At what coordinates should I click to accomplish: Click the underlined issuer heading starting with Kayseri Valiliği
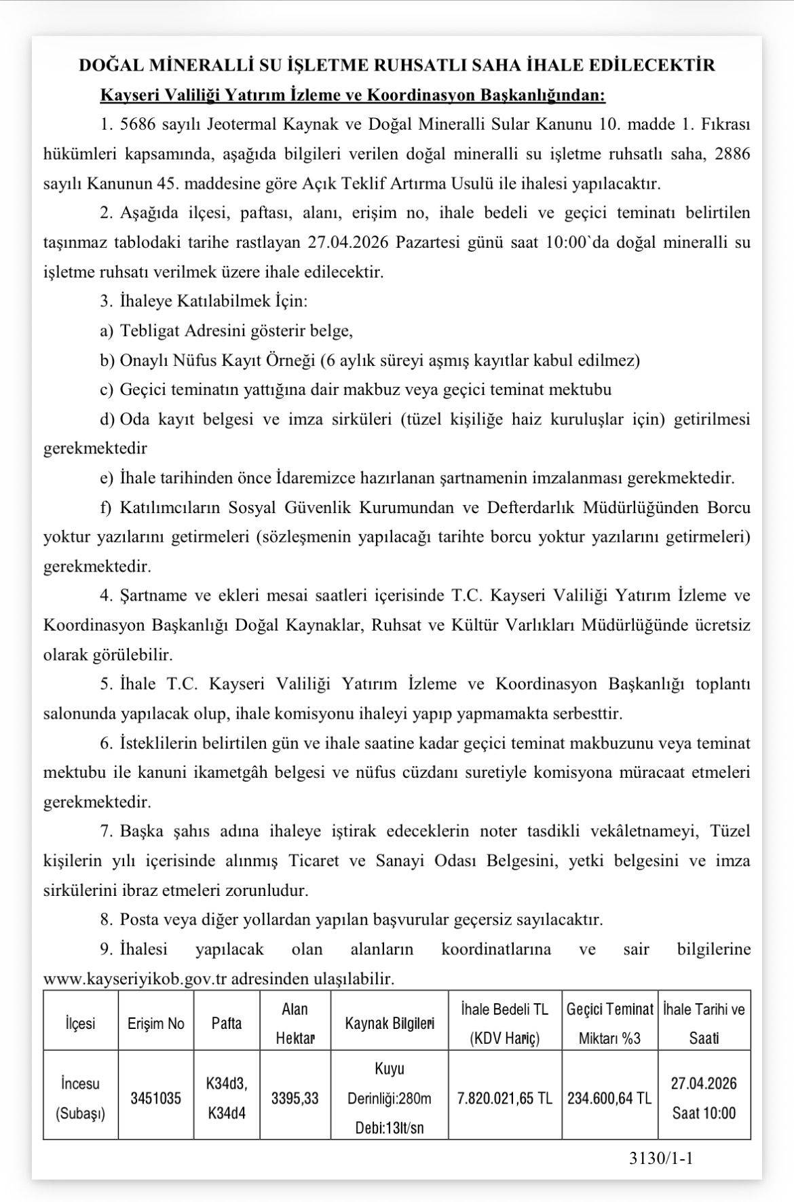pos(352,94)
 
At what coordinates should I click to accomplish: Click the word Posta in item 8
pos(138,920)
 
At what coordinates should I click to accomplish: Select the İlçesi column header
pos(80,1023)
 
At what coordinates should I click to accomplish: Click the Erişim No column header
pos(155,1023)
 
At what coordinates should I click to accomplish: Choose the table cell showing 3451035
pos(155,1097)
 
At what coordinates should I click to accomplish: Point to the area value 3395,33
pos(295,1097)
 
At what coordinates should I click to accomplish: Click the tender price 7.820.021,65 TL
pos(505,1097)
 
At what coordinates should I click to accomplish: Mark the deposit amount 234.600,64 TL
pos(610,1097)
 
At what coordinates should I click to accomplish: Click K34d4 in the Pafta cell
pos(227,1113)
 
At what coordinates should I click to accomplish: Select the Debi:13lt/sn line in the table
pos(389,1127)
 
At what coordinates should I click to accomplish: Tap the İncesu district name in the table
pos(80,1083)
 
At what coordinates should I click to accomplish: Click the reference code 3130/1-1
pos(660,1158)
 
